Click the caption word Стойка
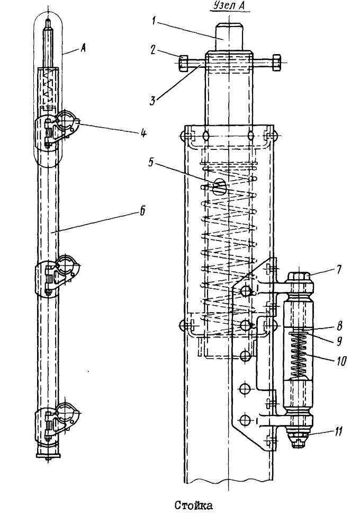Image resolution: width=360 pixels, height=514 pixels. coord(193,505)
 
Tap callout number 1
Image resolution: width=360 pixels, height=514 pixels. coord(154,21)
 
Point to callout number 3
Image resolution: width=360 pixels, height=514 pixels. coord(152,100)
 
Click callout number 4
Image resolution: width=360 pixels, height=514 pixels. coord(142,133)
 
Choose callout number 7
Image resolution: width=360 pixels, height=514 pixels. coord(339,270)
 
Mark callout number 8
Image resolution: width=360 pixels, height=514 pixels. coord(339,326)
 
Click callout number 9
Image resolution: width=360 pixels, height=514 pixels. coord(339,341)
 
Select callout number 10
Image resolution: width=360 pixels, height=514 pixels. coord(340,361)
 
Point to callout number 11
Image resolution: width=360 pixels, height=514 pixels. coord(338,431)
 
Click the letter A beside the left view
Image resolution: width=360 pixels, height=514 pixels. coord(83,49)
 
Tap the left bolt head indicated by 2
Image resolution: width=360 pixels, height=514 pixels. coord(183,63)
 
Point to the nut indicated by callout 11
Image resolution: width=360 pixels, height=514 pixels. coord(298,435)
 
